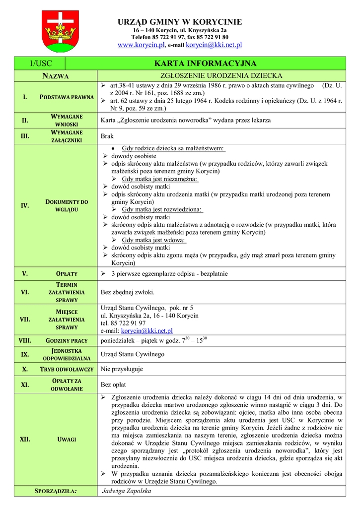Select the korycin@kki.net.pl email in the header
pyautogui.click(x=214, y=45)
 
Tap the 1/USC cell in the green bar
pyautogui.click(x=40, y=63)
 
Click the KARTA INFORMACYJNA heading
pyautogui.click(x=205, y=63)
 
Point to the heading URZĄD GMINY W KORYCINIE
pyautogui.click(x=180, y=22)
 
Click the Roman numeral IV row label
pyautogui.click(x=25, y=205)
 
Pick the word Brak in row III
pyautogui.click(x=107, y=136)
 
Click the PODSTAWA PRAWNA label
pyautogui.click(x=67, y=97)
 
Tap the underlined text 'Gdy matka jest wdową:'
pyautogui.click(x=154, y=240)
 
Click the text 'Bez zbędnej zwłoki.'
pyautogui.click(x=128, y=292)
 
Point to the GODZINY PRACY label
pyautogui.click(x=67, y=341)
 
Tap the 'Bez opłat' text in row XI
pyautogui.click(x=114, y=384)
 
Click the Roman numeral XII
pyautogui.click(x=25, y=439)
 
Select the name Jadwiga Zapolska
pyautogui.click(x=126, y=491)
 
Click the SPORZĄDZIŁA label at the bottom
pyautogui.click(x=56, y=491)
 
